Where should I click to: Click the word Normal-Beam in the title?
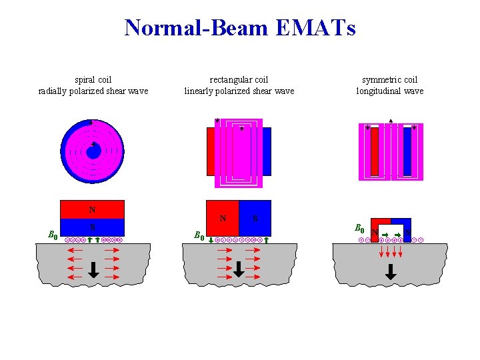195,28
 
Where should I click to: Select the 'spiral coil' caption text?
93,80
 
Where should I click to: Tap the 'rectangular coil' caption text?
239,80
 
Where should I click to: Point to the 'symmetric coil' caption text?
389,80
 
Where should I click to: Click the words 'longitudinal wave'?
389,91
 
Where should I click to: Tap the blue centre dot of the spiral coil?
93,152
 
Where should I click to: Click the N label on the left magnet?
92,209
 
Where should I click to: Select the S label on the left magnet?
92,227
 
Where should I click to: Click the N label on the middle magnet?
223,218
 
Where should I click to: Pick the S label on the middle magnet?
255,218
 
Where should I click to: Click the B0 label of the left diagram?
53,234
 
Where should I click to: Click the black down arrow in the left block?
93,269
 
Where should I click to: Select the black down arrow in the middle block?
239,269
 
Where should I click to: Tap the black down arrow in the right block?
391,271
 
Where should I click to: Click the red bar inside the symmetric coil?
374,151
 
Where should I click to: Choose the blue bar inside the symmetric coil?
407,151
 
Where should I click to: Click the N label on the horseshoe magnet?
375,233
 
